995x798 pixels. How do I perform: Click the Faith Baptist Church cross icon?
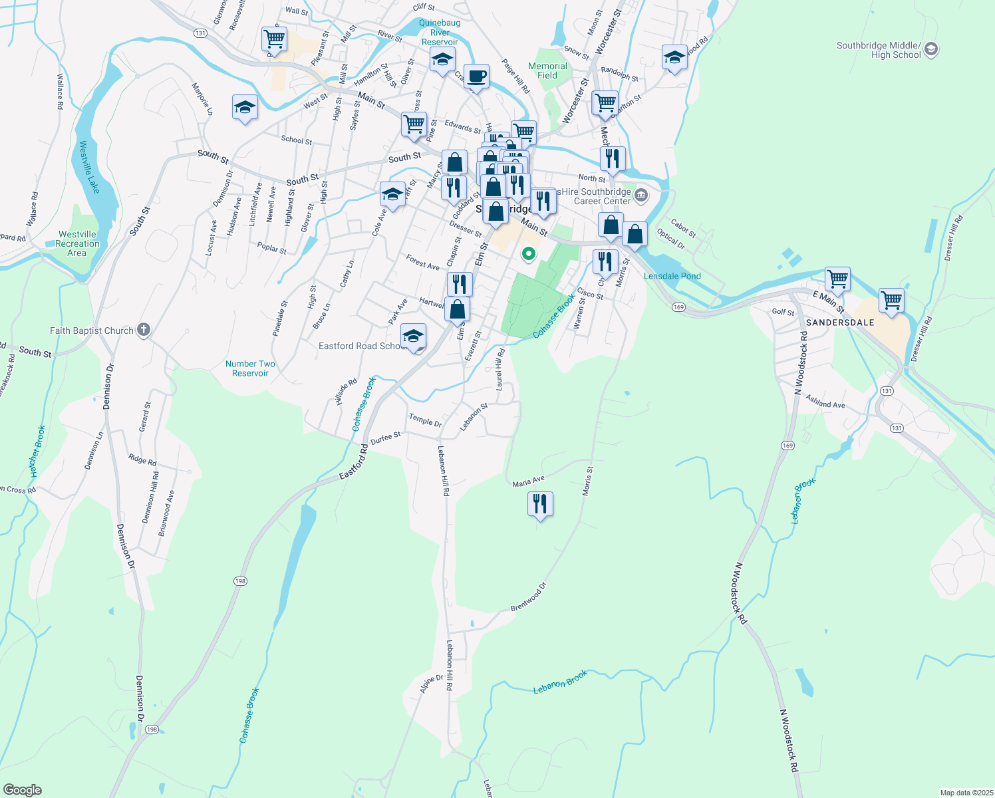coord(144,330)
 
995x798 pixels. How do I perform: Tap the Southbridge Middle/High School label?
coord(879,51)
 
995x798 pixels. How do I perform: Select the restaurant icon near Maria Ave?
coord(540,505)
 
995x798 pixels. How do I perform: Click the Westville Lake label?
coord(89,167)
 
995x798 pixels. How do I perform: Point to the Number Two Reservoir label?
coord(250,368)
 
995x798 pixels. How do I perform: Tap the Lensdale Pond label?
coord(672,276)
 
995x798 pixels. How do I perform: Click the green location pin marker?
coord(529,253)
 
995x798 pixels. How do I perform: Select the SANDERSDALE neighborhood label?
coord(840,323)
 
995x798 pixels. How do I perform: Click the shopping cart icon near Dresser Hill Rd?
coord(891,300)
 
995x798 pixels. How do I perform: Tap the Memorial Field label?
coord(547,70)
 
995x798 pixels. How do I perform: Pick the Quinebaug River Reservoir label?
coord(440,32)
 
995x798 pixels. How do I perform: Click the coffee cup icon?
coord(476,76)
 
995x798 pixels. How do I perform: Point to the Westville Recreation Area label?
coord(77,243)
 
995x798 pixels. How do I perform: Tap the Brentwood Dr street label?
coord(529,597)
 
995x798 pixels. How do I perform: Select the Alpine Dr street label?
coord(431,684)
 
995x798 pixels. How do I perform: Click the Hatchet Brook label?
coord(37,451)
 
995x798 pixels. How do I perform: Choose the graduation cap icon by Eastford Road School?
coord(413,336)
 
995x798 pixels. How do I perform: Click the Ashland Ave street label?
coord(825,402)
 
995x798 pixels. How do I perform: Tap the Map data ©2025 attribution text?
coord(965,793)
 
